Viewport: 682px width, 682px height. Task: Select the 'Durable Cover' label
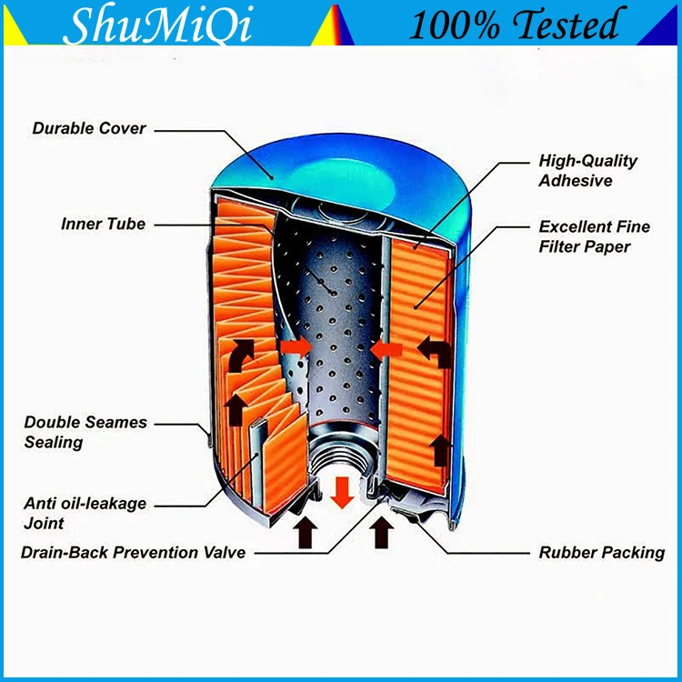click(x=89, y=128)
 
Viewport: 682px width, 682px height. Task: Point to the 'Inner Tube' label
click(x=103, y=224)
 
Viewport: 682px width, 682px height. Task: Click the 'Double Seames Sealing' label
click(x=85, y=432)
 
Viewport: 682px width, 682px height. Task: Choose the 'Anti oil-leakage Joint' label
click(x=85, y=513)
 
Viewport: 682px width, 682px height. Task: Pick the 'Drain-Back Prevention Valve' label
click(x=134, y=552)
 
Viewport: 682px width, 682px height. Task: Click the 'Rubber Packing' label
click(x=601, y=552)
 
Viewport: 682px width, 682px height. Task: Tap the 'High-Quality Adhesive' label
click(x=587, y=170)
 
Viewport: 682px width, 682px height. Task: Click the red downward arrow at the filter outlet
click(x=343, y=490)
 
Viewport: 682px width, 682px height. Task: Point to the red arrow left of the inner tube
click(x=294, y=347)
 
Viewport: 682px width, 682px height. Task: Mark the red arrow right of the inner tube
click(x=387, y=347)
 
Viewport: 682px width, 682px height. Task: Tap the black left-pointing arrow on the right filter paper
click(x=435, y=352)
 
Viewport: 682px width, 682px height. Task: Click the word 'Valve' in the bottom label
click(x=224, y=552)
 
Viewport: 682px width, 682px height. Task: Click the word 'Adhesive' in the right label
click(x=575, y=180)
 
